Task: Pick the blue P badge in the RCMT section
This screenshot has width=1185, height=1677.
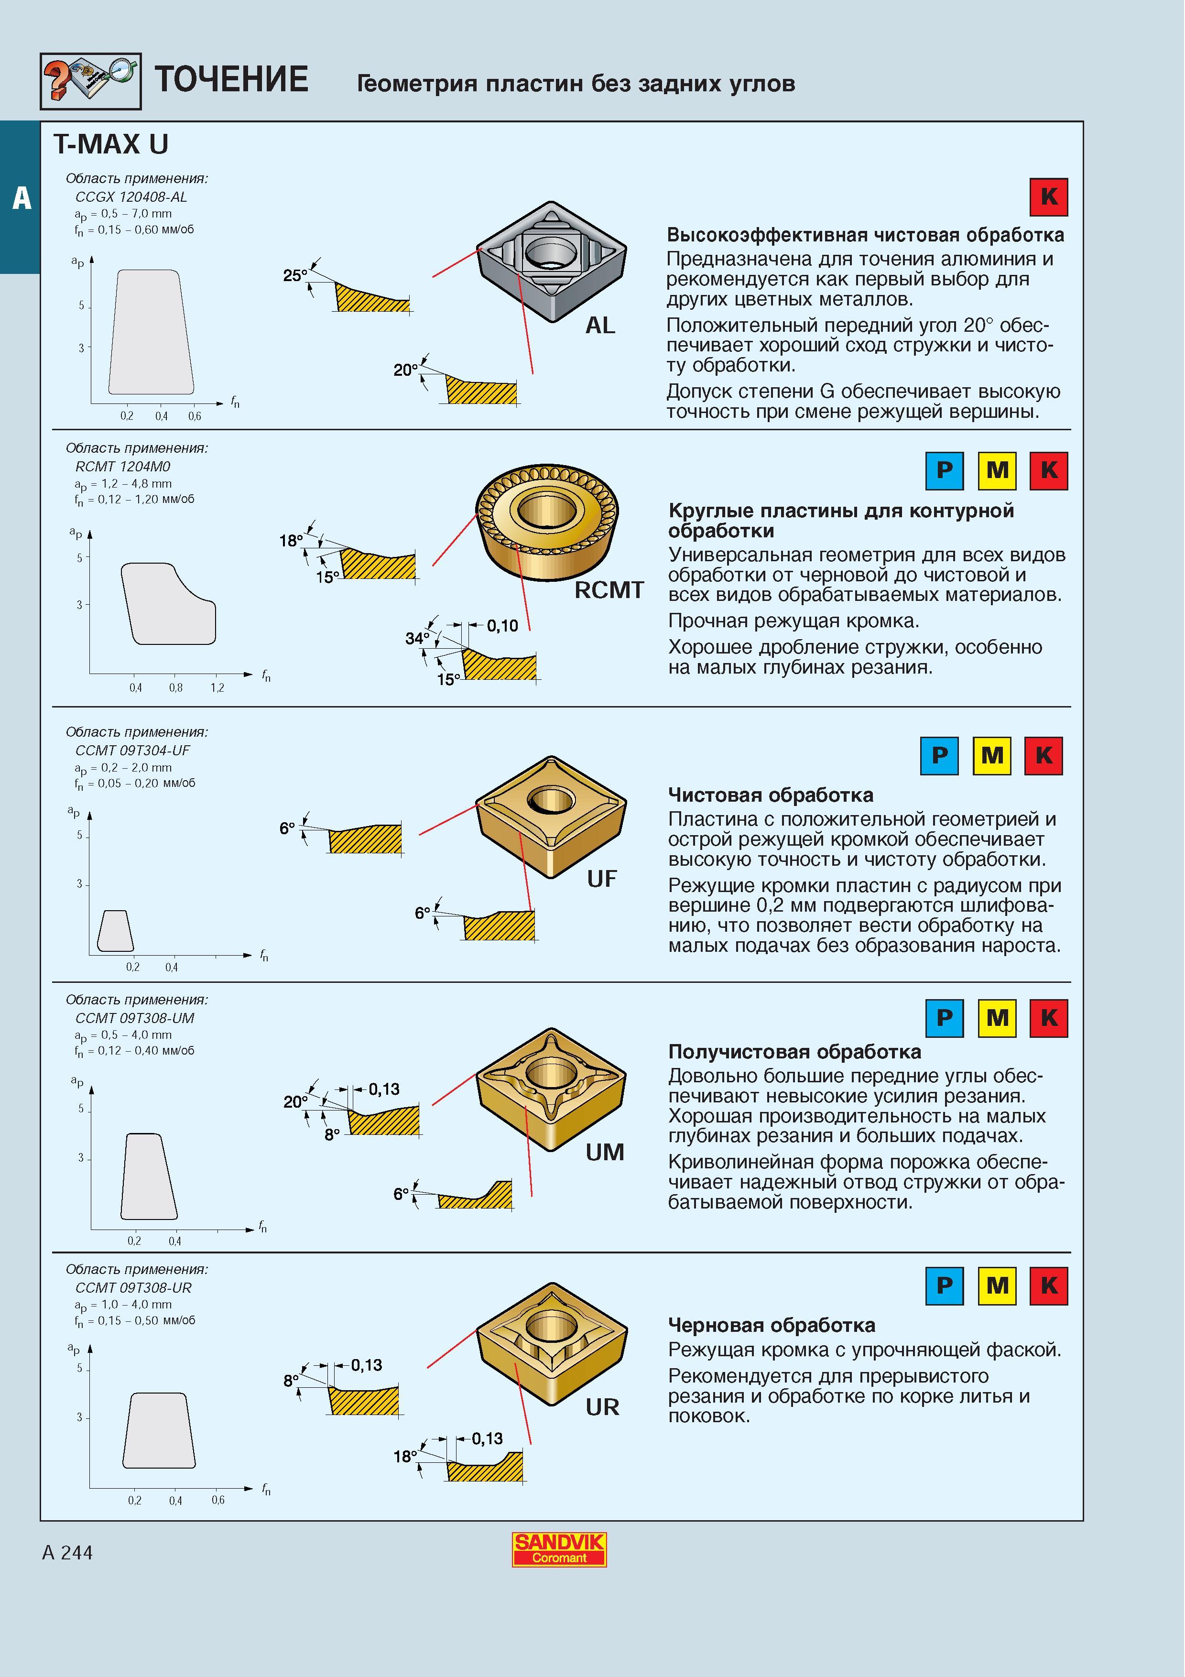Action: point(944,470)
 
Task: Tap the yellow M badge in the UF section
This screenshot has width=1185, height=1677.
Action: point(991,755)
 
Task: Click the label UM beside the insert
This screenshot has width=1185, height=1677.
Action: point(605,1152)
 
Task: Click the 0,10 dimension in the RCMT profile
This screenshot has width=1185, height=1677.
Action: point(502,625)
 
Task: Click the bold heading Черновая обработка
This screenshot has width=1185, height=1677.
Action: point(772,1325)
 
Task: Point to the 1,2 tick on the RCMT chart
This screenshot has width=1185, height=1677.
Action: point(217,687)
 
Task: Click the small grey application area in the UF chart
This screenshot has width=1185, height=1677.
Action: point(115,931)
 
